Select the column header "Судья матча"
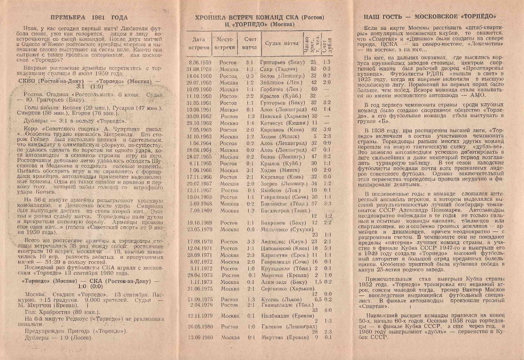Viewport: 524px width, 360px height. tap(280, 43)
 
